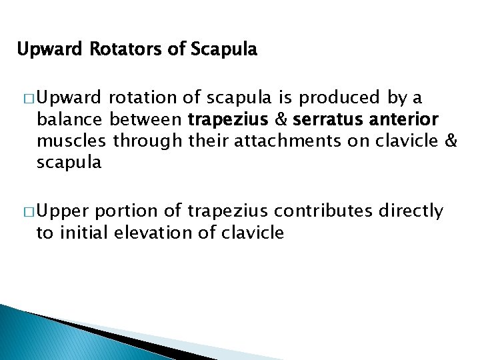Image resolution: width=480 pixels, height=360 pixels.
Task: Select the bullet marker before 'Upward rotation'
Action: click(29, 99)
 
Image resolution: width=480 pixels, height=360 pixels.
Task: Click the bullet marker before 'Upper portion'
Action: click(29, 212)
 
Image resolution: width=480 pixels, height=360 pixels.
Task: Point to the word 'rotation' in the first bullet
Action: click(140, 99)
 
